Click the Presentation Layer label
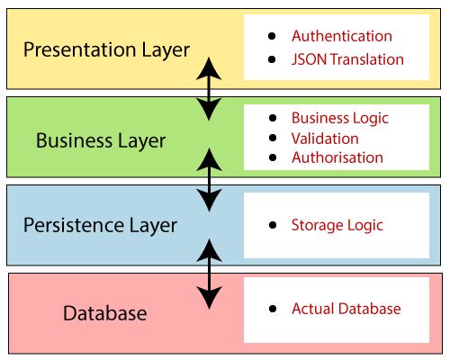click(106, 49)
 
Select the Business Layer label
click(101, 140)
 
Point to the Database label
click(104, 313)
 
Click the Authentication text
click(342, 37)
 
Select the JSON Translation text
click(347, 60)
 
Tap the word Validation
click(325, 139)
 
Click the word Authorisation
click(337, 157)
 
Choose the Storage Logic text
click(337, 225)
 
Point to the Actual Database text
click(346, 309)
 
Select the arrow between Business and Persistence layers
click(209, 181)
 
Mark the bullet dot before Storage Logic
click(273, 226)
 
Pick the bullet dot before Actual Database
click(273, 310)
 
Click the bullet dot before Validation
click(273, 139)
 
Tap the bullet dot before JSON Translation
click(273, 60)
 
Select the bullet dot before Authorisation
click(273, 158)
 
